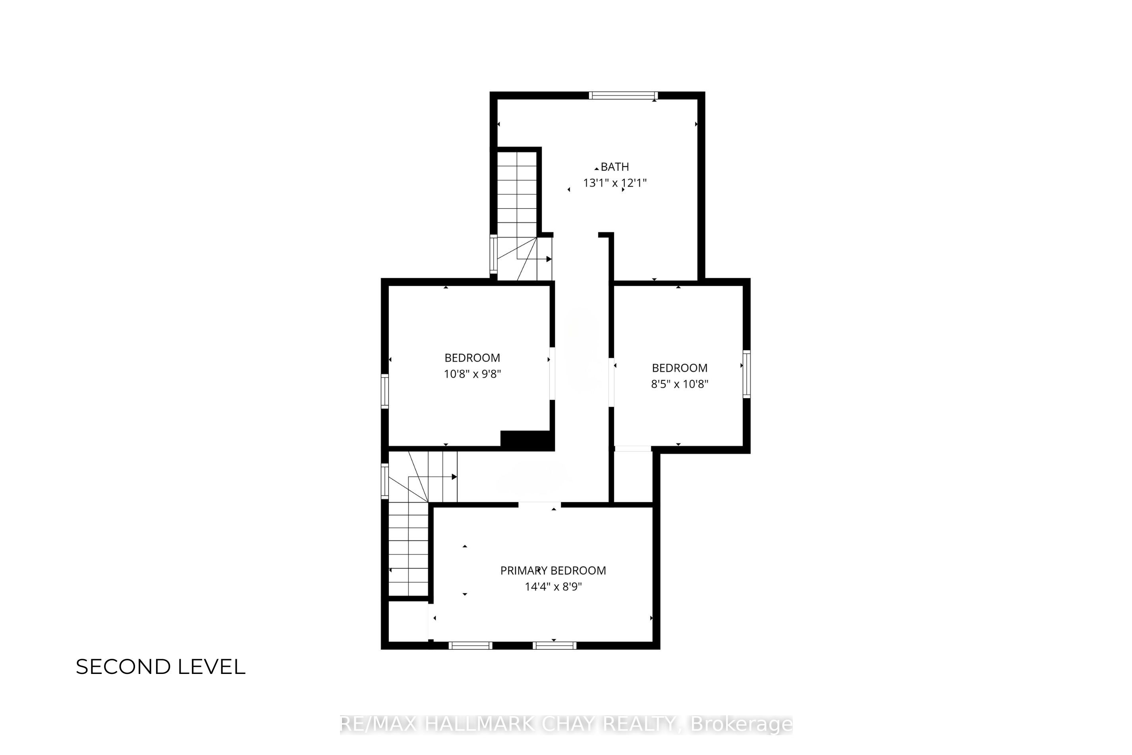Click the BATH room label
click(614, 167)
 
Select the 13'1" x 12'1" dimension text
click(614, 183)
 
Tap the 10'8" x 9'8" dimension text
click(472, 374)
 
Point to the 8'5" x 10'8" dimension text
click(680, 384)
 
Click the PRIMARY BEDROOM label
click(553, 571)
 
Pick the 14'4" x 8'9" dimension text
click(553, 587)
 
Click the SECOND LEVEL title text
click(161, 667)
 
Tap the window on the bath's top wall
click(623, 95)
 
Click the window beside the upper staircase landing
click(493, 254)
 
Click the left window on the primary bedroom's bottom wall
click(470, 646)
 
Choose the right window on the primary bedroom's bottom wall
click(554, 646)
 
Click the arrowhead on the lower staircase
click(454, 477)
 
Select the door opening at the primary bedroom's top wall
click(539, 505)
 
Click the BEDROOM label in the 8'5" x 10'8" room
click(680, 368)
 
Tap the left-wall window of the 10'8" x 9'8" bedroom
click(385, 391)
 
